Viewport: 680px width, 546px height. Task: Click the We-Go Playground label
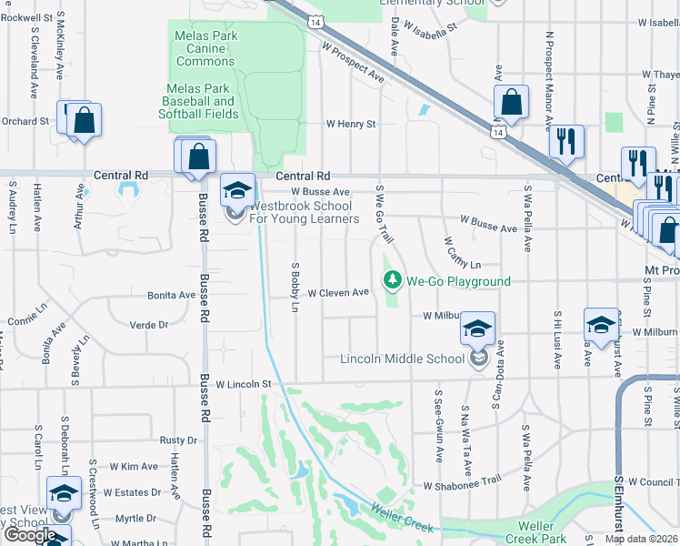pos(458,282)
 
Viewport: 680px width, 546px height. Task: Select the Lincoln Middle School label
pos(402,359)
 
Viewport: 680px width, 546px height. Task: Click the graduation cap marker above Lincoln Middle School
pos(477,329)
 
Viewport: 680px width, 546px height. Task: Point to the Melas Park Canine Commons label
pos(205,48)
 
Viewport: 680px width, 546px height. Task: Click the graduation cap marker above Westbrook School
pos(237,191)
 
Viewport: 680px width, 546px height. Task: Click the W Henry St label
pos(351,124)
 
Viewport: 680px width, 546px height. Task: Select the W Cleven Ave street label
pos(337,293)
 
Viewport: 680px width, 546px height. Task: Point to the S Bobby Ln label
pos(295,288)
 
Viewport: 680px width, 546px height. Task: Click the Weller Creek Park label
pos(535,532)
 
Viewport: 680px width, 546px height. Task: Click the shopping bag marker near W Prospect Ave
pos(512,105)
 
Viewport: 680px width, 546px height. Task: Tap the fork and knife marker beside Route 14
pos(565,143)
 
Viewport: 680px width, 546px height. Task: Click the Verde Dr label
pos(150,324)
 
